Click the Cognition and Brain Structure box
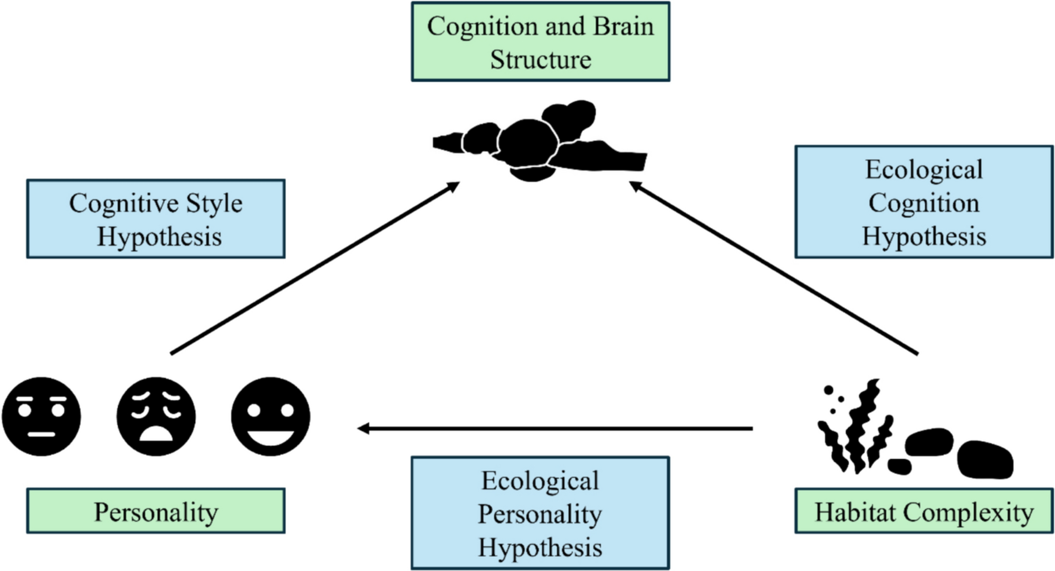click(x=540, y=42)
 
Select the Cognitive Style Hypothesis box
click(x=156, y=219)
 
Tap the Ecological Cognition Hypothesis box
click(x=924, y=202)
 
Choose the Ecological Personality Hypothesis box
click(x=540, y=513)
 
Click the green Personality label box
click(x=156, y=511)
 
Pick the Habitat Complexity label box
click(x=924, y=511)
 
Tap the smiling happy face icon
click(x=271, y=417)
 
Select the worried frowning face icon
click(x=156, y=417)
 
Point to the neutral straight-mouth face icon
click(x=41, y=417)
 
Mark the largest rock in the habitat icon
click(x=984, y=460)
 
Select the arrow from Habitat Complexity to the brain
click(x=773, y=268)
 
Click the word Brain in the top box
click(x=624, y=26)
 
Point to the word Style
click(x=213, y=204)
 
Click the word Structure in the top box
click(x=540, y=59)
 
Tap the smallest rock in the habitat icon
click(x=899, y=466)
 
